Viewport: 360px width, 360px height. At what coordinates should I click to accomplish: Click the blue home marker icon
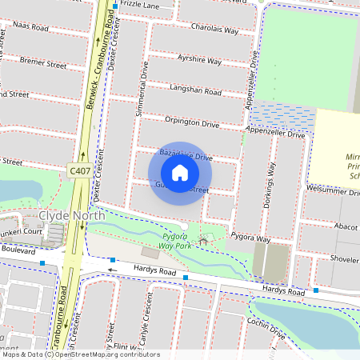click(x=180, y=173)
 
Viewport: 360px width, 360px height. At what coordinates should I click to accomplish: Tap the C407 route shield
click(x=78, y=170)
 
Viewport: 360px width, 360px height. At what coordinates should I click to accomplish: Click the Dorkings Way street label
click(x=269, y=186)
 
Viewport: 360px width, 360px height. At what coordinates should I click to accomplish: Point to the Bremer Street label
click(x=22, y=60)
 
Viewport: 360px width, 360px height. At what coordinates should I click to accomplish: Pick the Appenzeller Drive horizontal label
click(x=276, y=134)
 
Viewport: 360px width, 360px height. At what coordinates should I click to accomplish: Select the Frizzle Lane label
click(x=146, y=5)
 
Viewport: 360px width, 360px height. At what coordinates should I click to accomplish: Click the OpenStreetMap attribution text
click(x=80, y=354)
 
